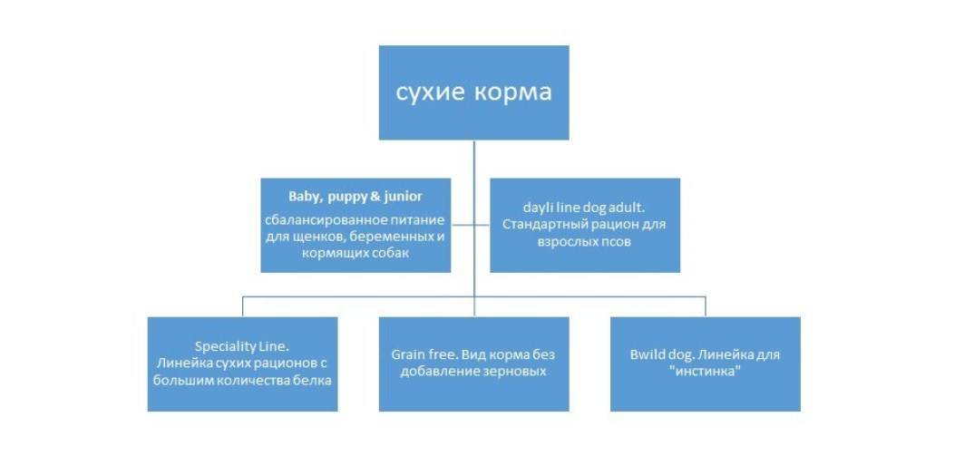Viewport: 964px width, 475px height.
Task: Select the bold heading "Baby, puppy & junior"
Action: (355, 196)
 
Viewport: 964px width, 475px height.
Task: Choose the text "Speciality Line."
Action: (242, 346)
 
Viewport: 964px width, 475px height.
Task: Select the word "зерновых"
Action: (514, 372)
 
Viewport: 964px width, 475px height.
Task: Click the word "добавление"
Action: (441, 372)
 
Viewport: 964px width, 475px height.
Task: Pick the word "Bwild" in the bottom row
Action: (648, 354)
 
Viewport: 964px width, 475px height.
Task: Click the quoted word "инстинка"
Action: (705, 372)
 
